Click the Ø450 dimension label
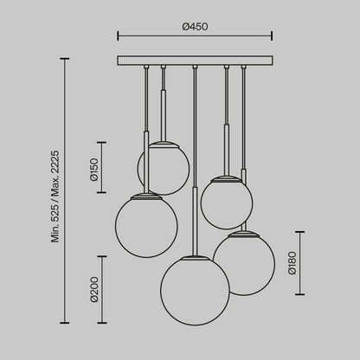point(195,27)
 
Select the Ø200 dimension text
point(93,288)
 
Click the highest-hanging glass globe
point(164,167)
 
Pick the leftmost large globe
point(146,226)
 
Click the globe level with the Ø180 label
point(244,263)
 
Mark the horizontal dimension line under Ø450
point(195,37)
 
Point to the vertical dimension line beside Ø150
point(103,167)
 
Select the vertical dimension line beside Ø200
point(103,289)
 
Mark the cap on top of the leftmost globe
point(146,195)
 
